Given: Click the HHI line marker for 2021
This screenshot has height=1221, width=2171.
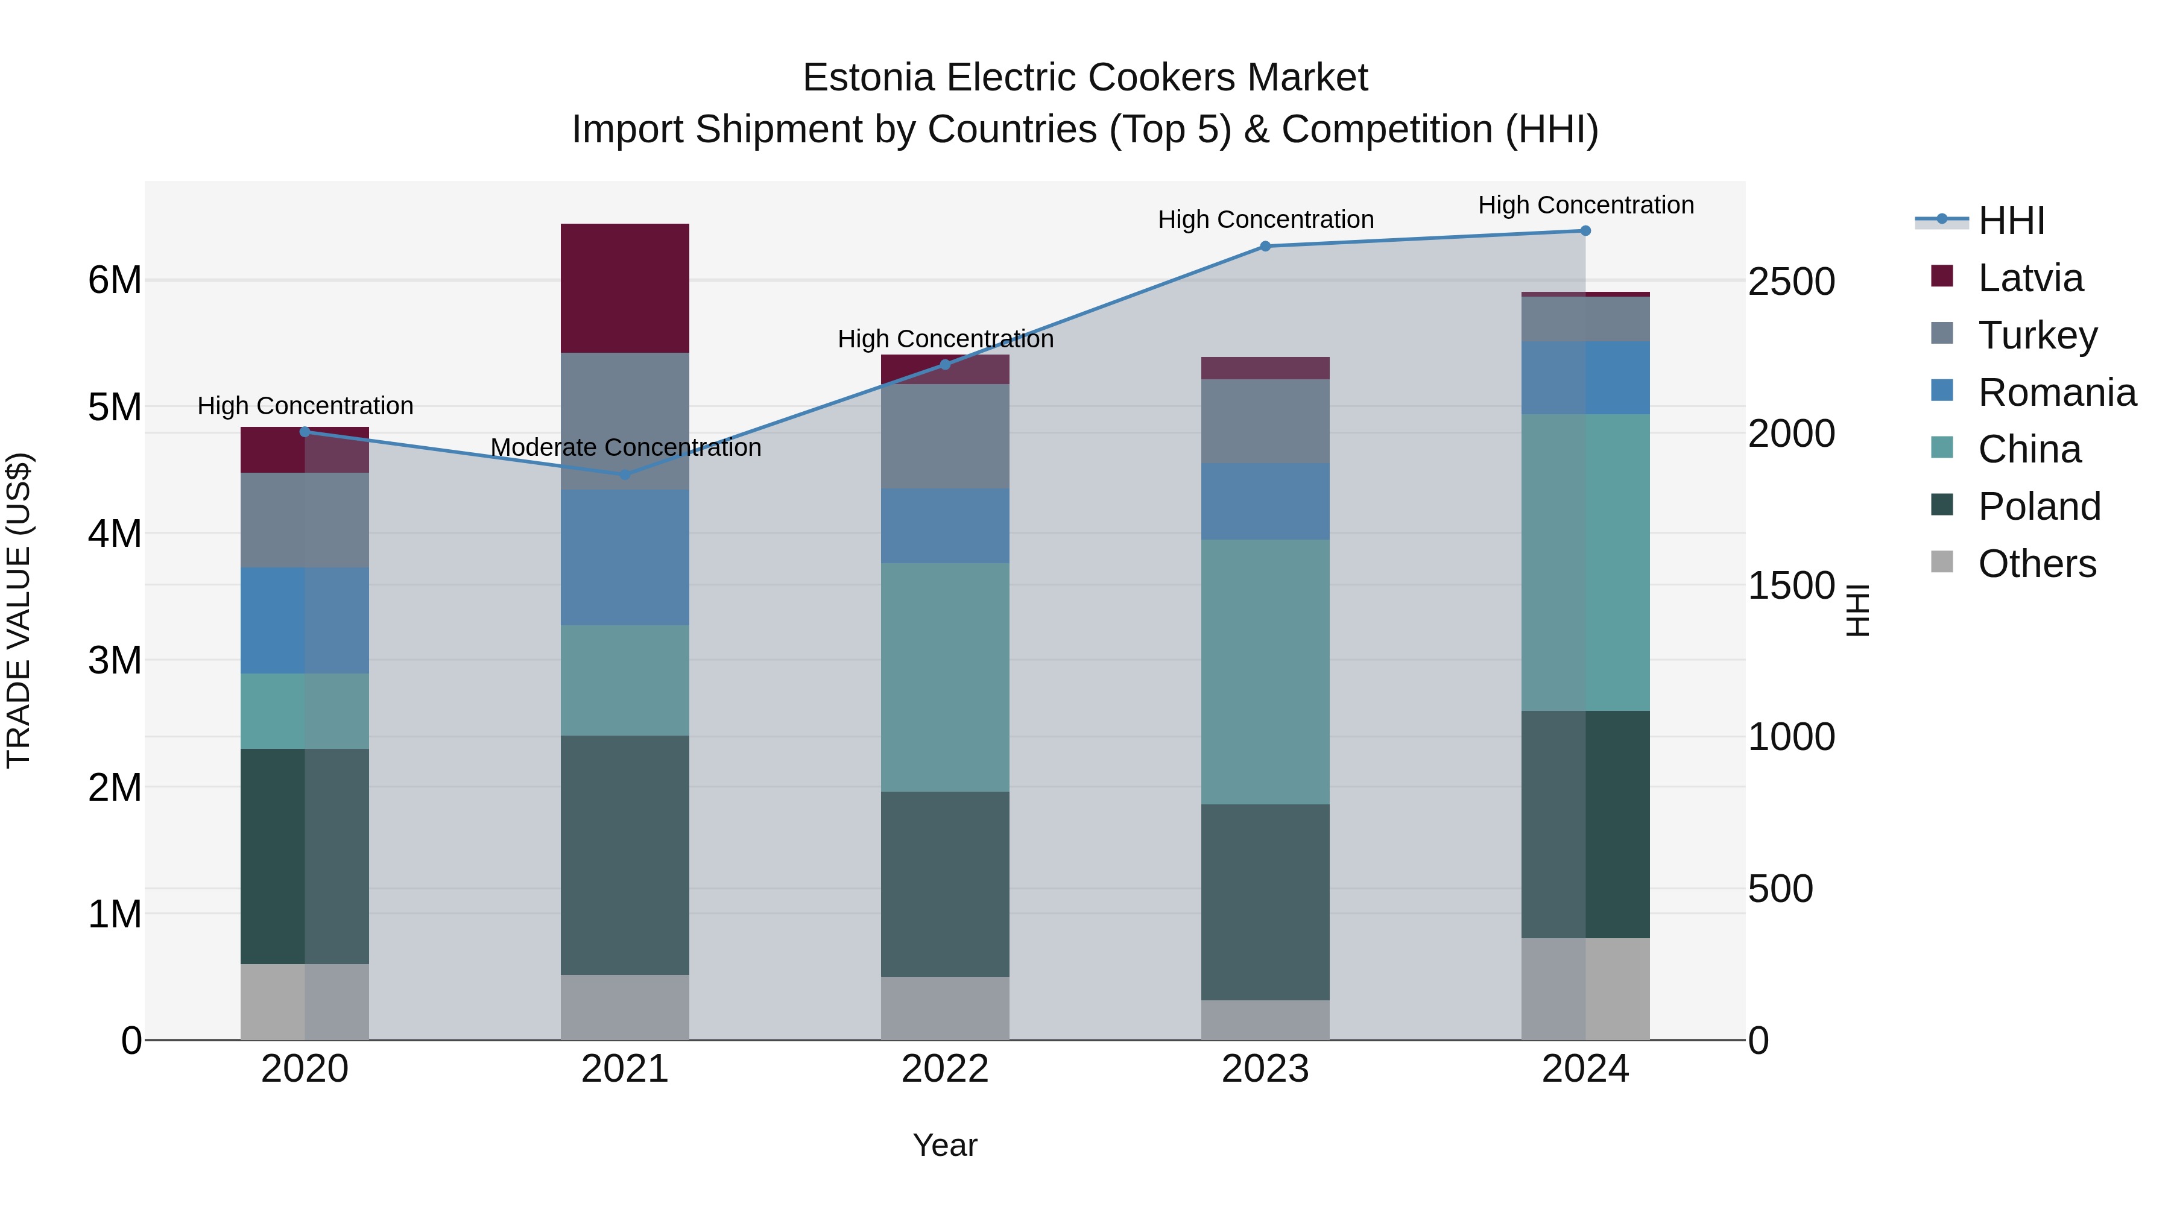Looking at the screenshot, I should point(625,475).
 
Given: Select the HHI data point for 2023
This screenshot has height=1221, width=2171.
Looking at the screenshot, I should point(1265,246).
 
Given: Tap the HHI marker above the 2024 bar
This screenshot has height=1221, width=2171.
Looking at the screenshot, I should point(1585,231).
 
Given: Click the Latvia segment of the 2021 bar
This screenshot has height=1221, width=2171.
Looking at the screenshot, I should point(625,288).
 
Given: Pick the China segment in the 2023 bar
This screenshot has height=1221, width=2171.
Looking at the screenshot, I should point(1265,672).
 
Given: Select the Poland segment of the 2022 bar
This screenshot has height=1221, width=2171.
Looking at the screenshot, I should point(945,884).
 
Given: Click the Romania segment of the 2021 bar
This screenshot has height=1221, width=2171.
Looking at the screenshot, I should point(625,557).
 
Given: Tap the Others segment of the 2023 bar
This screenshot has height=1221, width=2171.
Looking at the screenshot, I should point(1265,1020).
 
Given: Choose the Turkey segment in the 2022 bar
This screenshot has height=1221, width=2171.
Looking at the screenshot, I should point(945,437).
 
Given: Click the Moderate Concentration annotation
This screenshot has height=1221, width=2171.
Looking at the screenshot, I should point(625,447).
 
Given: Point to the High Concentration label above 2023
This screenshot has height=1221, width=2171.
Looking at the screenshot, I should point(1265,220).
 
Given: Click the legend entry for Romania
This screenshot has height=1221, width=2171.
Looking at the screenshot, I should point(2056,393).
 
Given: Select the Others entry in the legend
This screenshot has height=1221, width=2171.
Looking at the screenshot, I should point(2036,564).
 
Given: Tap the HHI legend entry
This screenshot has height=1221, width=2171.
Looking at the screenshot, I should point(2011,221).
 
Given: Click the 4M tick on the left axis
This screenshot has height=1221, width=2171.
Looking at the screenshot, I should point(115,534).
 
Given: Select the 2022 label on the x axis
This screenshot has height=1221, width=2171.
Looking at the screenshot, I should point(945,1069).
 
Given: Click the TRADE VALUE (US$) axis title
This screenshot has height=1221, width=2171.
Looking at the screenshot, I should point(19,610).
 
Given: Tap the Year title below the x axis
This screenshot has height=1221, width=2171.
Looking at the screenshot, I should point(945,1145).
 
